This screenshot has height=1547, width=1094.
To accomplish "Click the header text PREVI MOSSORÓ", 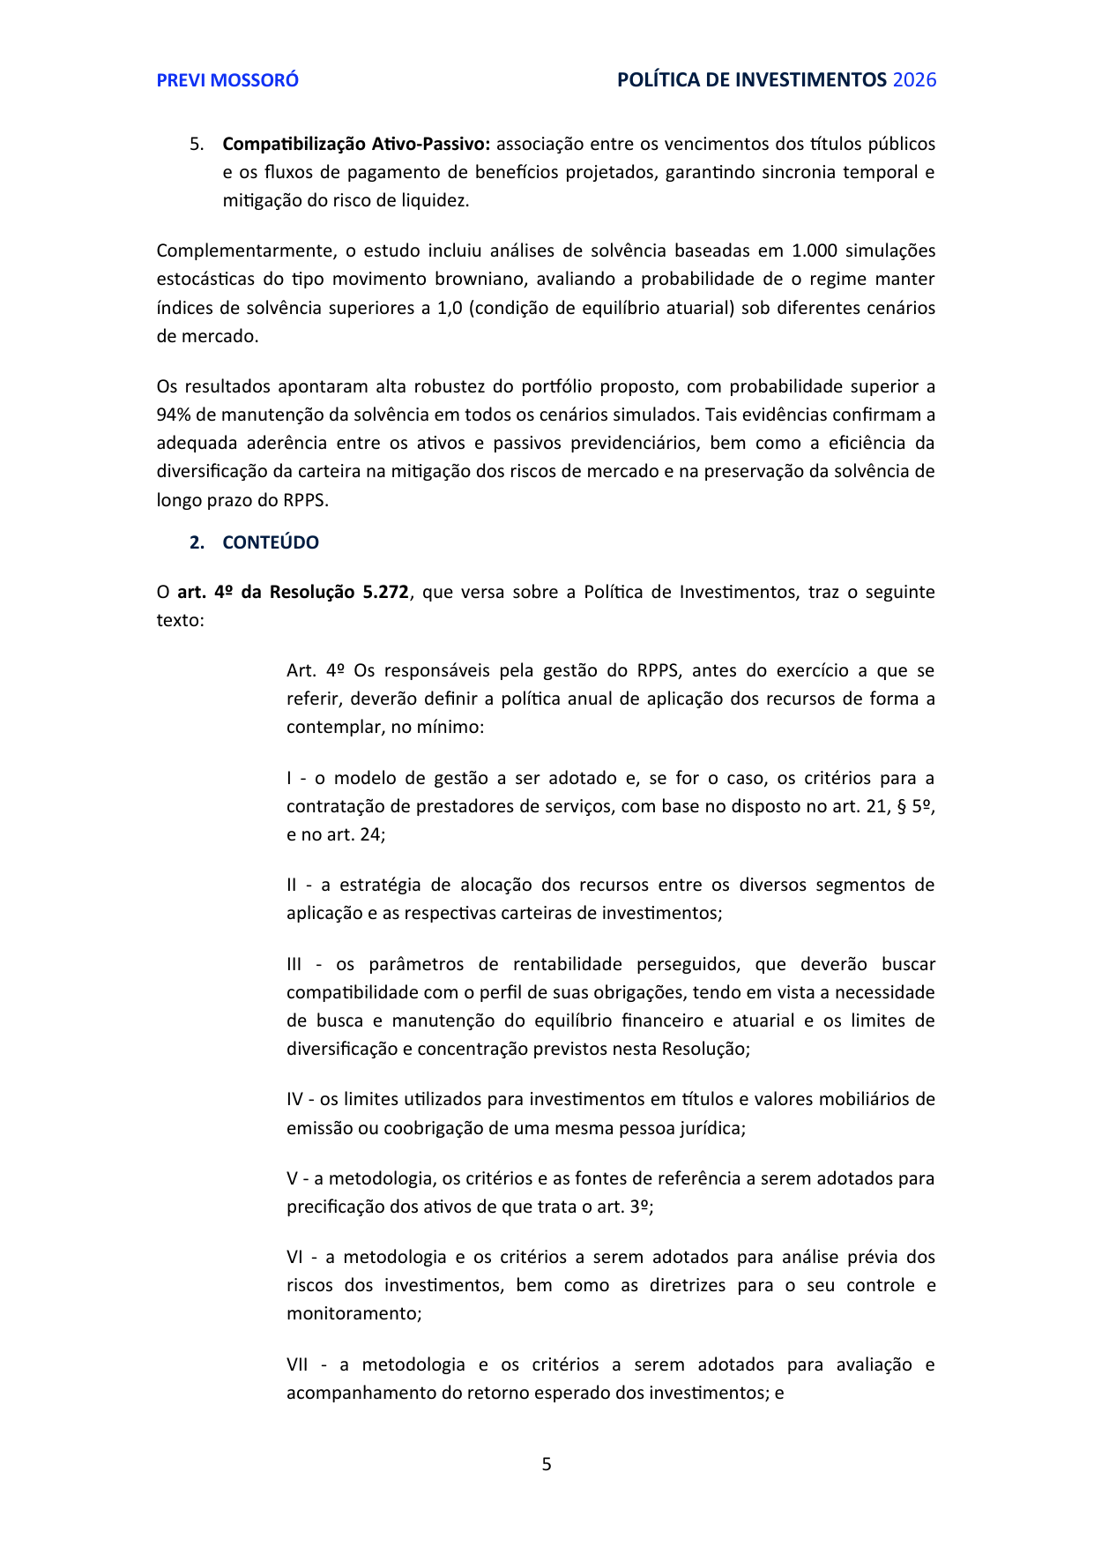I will point(227,80).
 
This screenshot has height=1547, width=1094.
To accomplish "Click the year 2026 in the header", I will point(914,80).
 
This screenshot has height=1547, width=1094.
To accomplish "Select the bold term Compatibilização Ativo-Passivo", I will point(355,144).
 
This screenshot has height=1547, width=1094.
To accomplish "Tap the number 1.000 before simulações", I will point(815,250).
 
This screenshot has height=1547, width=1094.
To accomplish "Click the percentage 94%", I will point(175,415).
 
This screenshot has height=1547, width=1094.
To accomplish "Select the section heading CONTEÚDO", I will point(271,542).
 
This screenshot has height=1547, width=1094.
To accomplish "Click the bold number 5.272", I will point(385,592).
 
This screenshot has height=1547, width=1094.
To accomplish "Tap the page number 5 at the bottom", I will point(547,1464).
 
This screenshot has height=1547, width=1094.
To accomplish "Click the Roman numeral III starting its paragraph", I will point(298,964).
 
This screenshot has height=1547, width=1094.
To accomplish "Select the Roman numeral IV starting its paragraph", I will point(294,1099).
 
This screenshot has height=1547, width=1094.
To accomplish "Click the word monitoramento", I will point(353,1313).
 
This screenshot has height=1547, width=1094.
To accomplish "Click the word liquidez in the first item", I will point(437,200).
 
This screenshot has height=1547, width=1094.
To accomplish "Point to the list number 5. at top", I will point(197,144).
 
